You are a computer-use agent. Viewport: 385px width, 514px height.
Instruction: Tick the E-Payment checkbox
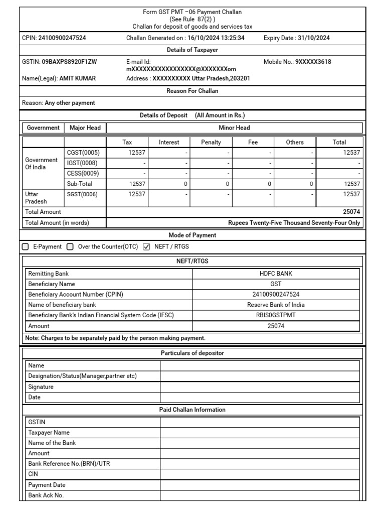(26, 247)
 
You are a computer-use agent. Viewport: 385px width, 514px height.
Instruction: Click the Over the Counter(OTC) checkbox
(70, 247)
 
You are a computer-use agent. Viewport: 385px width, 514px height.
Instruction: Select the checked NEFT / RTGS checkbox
(146, 247)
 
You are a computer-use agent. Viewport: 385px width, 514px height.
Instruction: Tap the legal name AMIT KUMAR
(77, 78)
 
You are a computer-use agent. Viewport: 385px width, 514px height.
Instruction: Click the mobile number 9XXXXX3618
(313, 62)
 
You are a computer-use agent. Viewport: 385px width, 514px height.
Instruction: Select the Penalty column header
(211, 142)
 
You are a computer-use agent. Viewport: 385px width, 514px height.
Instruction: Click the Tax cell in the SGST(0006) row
(127, 194)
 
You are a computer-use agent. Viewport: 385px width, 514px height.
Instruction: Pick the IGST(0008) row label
(83, 163)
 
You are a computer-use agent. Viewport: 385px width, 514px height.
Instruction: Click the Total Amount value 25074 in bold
(351, 212)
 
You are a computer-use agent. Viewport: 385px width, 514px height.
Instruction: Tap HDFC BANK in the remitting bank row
(276, 274)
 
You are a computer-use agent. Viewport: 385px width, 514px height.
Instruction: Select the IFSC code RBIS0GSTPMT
(276, 315)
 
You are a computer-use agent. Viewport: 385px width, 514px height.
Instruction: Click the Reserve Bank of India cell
(276, 305)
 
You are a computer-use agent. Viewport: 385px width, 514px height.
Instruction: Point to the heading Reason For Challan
(192, 91)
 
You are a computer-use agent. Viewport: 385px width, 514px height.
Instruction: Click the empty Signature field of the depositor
(259, 387)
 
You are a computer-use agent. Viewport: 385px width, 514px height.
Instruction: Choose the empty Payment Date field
(259, 485)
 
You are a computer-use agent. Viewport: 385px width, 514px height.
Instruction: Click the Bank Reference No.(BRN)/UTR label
(69, 464)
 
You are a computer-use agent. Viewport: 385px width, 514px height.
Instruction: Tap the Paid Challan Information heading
(192, 410)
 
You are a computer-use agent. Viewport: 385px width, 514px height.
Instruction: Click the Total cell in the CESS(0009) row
(339, 173)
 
